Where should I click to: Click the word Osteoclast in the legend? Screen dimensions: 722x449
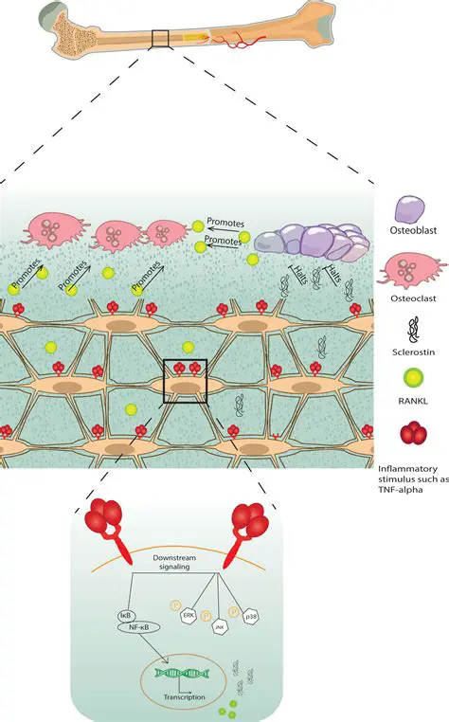click(413, 303)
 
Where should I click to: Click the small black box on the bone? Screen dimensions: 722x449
click(159, 38)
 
